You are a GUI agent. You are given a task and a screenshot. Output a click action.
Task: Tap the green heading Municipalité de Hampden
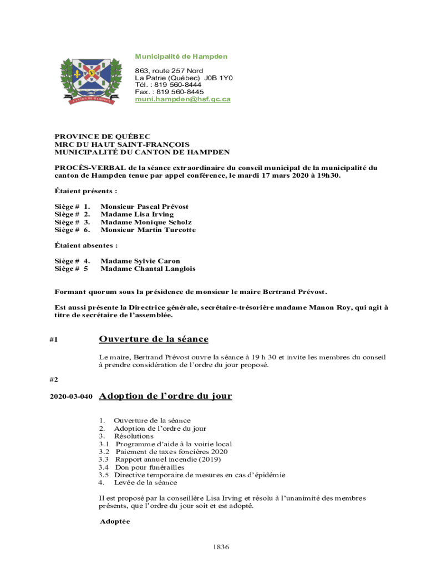181,56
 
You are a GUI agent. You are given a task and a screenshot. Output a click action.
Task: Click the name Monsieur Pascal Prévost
144,207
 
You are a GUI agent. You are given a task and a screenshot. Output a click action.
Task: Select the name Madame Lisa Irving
137,214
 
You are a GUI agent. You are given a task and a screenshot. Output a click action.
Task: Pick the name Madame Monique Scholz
141,222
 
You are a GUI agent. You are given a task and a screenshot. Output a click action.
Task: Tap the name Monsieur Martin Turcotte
148,230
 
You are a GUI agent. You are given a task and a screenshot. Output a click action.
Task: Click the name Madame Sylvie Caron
140,261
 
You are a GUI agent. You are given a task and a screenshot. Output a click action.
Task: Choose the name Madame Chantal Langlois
148,269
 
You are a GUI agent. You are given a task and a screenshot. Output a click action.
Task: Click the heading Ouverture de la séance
154,339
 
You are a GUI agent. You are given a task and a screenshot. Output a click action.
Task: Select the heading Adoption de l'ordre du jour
165,396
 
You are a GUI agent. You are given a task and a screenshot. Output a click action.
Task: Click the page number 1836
221,547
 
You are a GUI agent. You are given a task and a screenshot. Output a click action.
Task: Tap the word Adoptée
115,522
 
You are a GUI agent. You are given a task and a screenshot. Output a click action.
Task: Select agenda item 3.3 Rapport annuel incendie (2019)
167,460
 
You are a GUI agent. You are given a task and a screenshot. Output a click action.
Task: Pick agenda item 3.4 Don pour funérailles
150,467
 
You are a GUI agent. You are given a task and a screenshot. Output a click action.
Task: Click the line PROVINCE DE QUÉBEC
102,137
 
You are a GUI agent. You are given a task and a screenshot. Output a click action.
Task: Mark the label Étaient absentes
86,245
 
